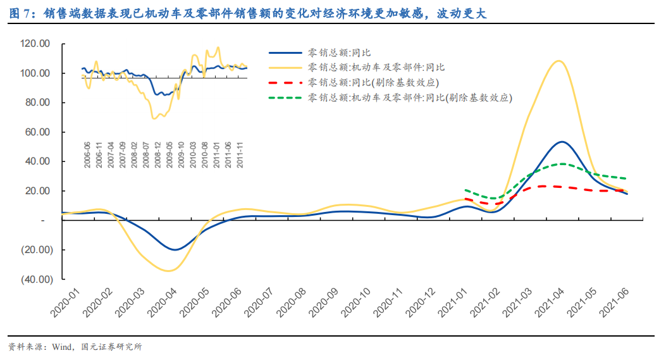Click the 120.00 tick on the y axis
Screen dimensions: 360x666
tap(35, 44)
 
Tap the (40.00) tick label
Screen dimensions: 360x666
tap(35, 279)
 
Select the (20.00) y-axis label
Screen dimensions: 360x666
tap(35, 250)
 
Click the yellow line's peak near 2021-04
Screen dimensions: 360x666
tap(558, 61)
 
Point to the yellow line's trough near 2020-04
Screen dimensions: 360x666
tap(168, 271)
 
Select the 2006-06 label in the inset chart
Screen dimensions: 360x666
tap(87, 154)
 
